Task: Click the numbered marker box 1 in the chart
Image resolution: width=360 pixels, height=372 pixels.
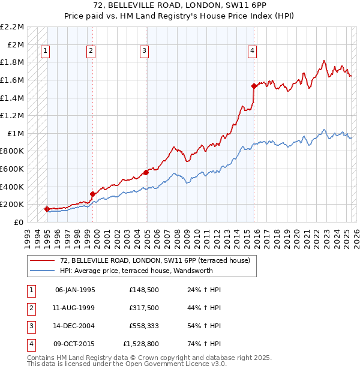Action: [46, 52]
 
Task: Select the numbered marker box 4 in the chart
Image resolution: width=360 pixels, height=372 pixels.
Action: [253, 52]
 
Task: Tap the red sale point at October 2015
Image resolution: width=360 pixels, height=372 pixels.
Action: [254, 86]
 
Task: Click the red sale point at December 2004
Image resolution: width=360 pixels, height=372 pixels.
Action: [146, 172]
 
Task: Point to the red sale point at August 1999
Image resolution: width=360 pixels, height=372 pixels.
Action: [92, 194]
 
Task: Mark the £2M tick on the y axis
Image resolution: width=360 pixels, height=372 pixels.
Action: [16, 44]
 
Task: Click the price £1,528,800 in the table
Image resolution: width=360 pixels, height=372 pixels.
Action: [142, 344]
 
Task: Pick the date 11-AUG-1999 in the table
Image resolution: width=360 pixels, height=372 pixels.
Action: [75, 308]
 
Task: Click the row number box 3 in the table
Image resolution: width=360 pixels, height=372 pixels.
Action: [31, 326]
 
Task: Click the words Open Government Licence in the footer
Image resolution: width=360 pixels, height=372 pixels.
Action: [164, 364]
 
